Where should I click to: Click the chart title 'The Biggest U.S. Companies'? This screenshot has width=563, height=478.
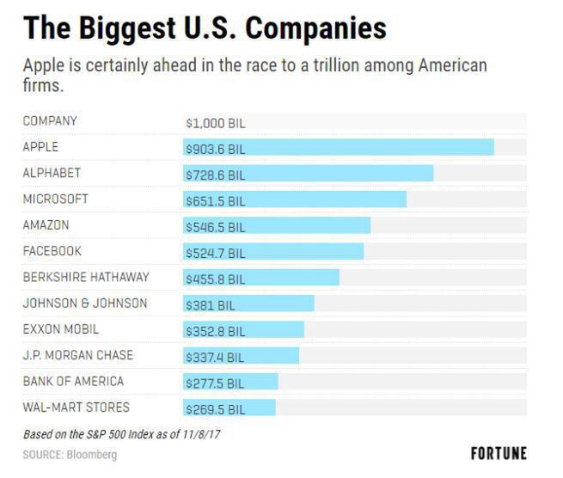205,28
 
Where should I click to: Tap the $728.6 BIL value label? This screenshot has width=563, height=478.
215,175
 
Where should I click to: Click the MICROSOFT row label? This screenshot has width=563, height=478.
56,199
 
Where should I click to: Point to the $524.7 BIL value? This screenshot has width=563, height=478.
215,253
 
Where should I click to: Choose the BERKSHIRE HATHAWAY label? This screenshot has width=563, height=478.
86,277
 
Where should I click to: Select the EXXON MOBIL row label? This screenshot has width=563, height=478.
61,329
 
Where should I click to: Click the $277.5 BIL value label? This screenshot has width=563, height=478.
215,383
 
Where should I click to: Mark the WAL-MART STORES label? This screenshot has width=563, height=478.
76,408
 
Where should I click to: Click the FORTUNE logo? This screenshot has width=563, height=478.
499,453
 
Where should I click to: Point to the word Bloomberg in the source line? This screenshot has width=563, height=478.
92,454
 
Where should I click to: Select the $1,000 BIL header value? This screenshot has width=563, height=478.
216,123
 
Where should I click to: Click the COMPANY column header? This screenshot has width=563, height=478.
50,121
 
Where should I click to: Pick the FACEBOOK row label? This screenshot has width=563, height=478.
52,251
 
